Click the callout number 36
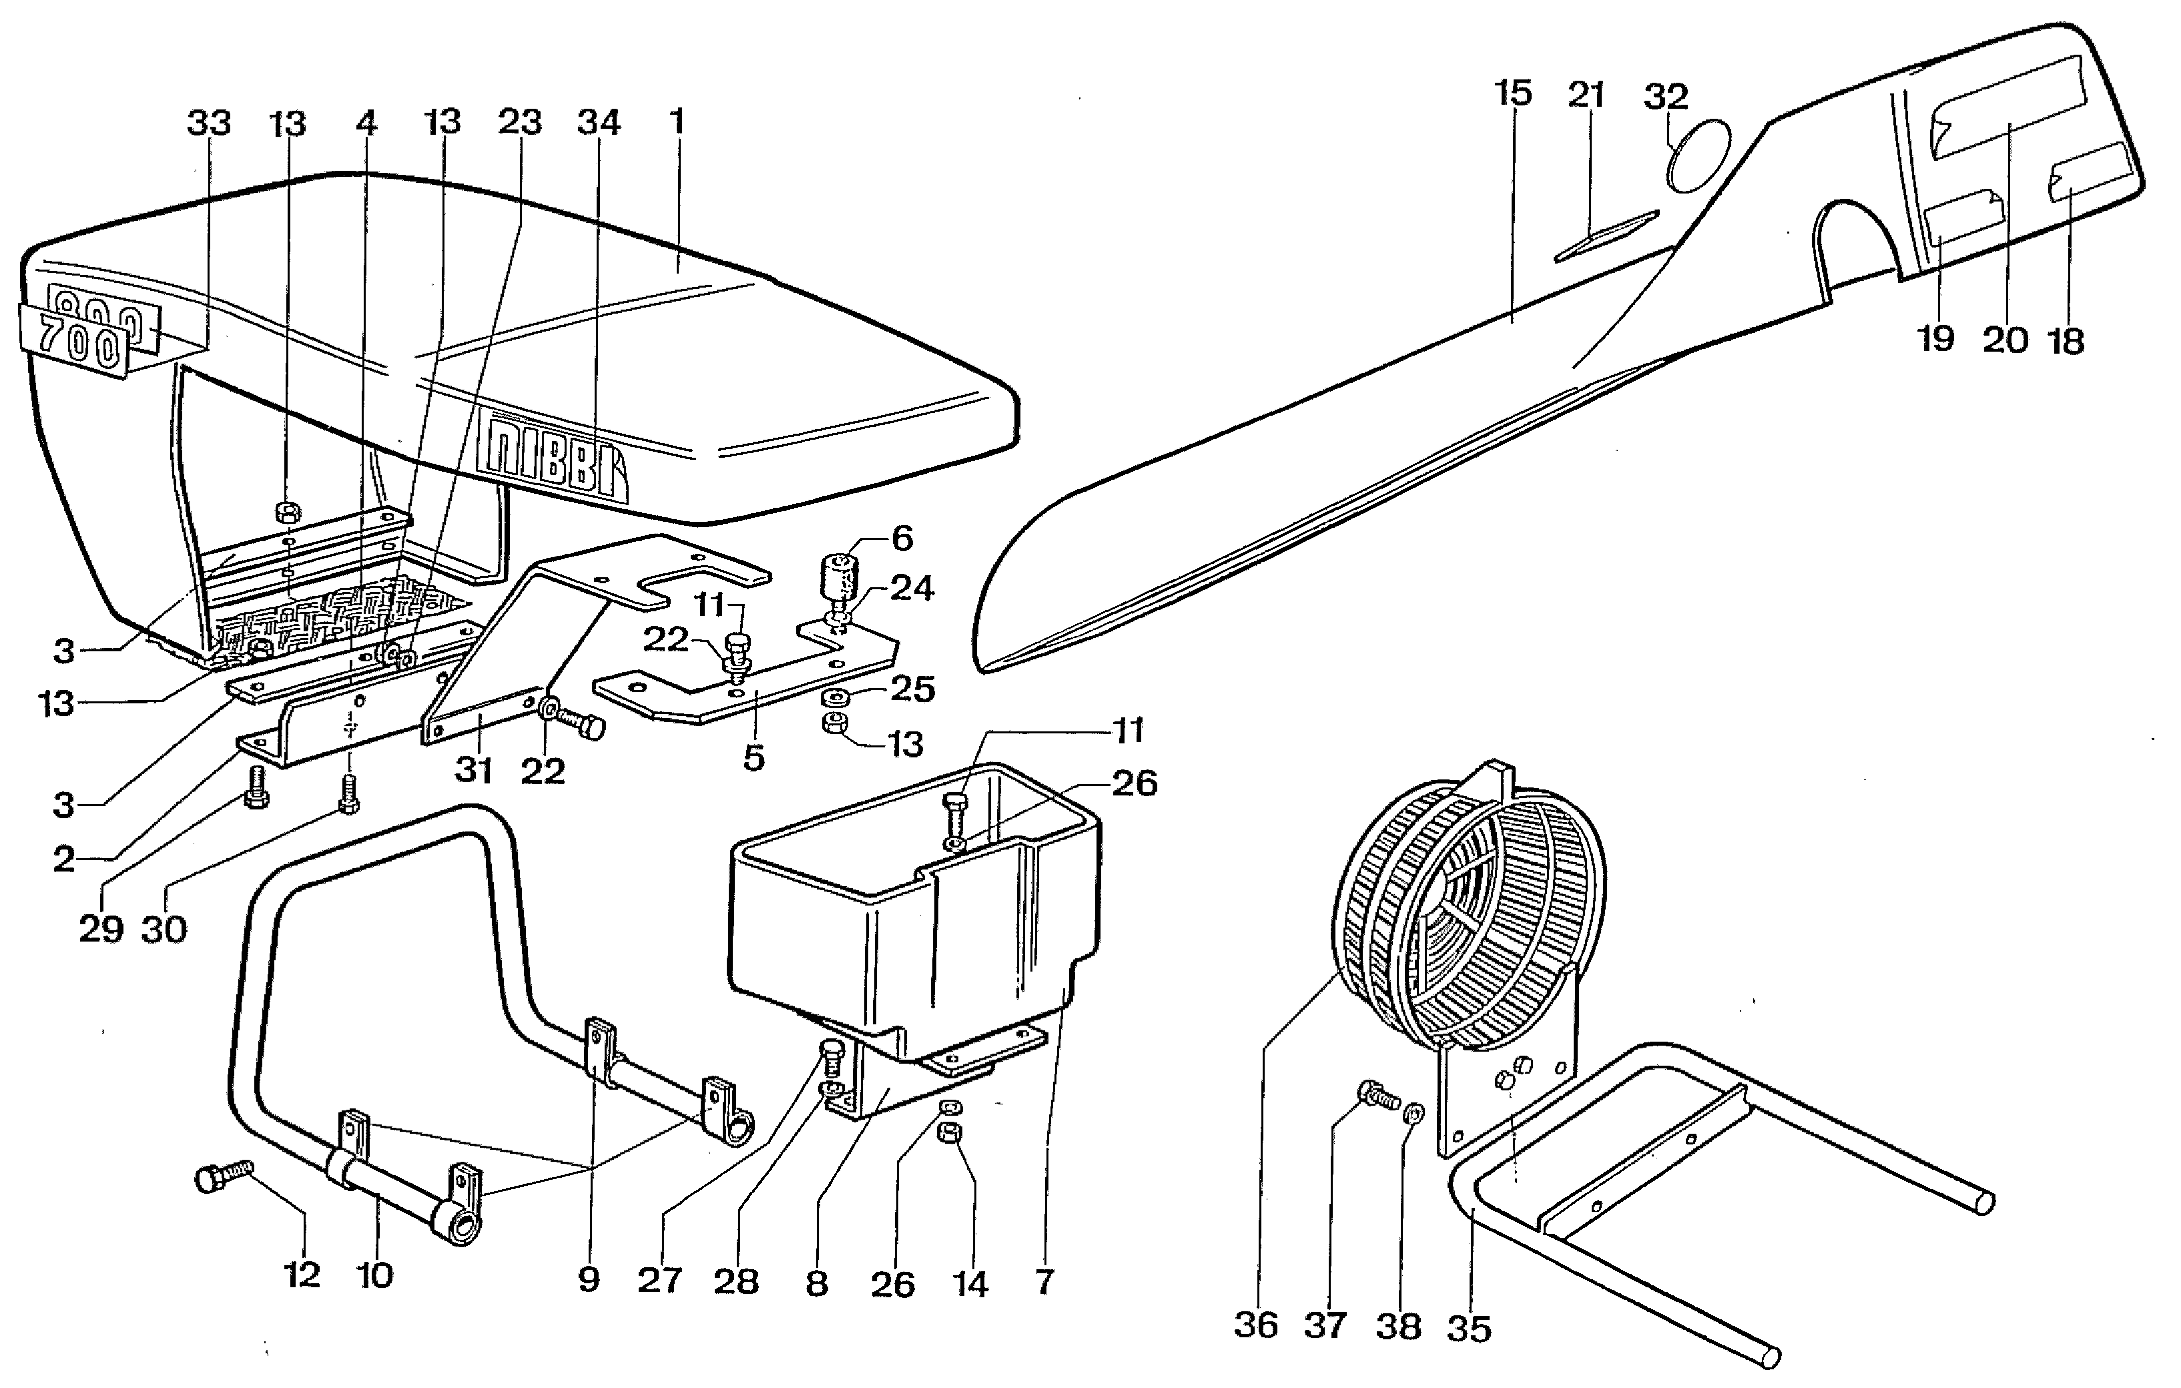tap(1256, 1325)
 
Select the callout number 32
tap(1666, 96)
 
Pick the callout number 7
tap(1044, 1281)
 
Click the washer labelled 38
tap(1412, 1112)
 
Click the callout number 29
tap(101, 929)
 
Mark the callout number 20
tap(2004, 340)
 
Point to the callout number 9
tap(589, 1279)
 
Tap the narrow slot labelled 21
tap(1606, 236)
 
